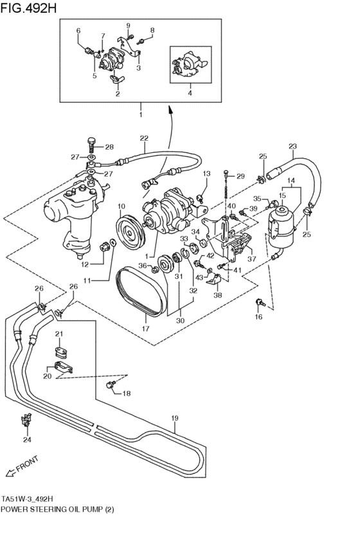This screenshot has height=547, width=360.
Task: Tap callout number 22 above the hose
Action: point(144,138)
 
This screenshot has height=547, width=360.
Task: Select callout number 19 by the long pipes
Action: point(174,418)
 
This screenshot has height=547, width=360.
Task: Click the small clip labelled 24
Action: point(27,422)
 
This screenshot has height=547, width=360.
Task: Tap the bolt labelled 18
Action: point(111,384)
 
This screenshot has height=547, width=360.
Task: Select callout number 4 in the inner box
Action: point(189,93)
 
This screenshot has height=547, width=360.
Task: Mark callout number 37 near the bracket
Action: point(251,260)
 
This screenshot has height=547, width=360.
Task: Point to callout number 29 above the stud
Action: point(240,176)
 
